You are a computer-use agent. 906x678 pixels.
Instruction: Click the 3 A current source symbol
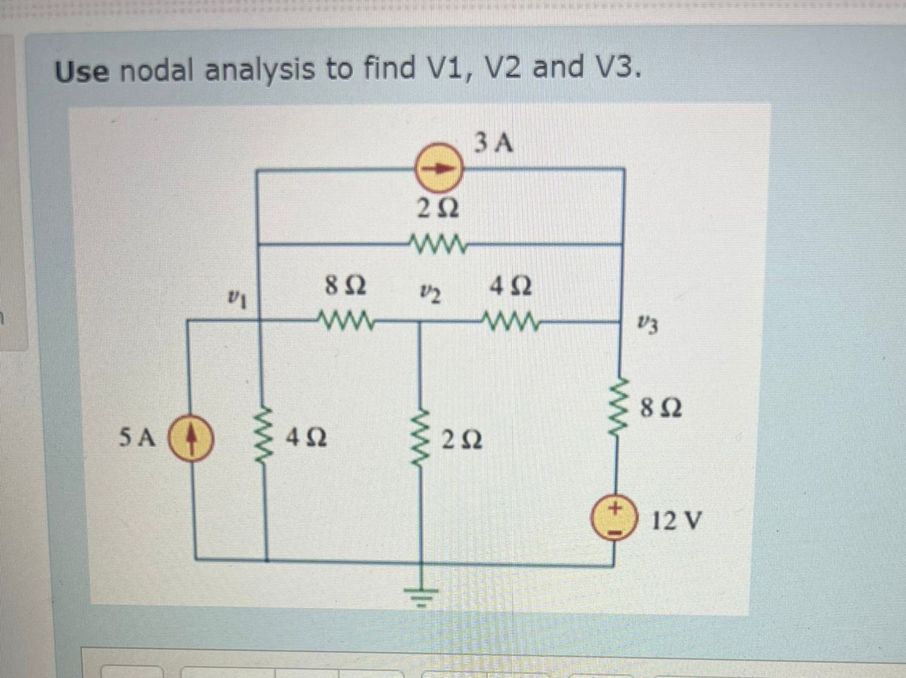tap(439, 167)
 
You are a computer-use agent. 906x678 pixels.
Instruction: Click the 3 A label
tap(494, 143)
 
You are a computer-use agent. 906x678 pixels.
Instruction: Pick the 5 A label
tap(137, 438)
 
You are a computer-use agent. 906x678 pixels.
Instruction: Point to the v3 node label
tap(648, 324)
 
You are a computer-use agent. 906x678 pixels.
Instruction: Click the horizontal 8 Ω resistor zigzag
tap(345, 319)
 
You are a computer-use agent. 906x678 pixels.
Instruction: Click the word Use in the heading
tap(81, 71)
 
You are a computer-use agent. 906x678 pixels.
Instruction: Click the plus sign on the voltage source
tap(613, 507)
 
